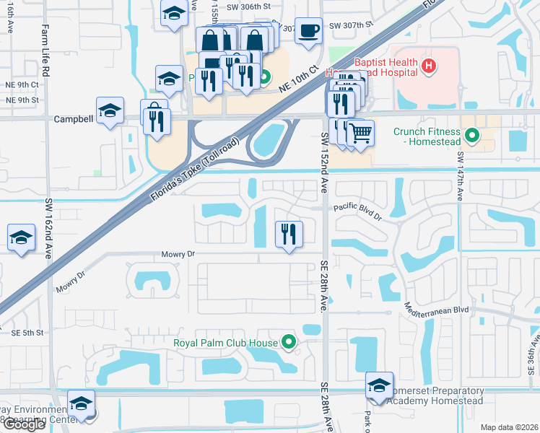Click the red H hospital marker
pyautogui.click(x=429, y=66)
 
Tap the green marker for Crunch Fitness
pyautogui.click(x=472, y=135)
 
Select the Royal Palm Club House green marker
pyautogui.click(x=289, y=342)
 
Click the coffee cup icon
pyautogui.click(x=309, y=31)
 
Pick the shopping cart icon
pyautogui.click(x=360, y=132)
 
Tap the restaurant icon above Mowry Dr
pyautogui.click(x=289, y=233)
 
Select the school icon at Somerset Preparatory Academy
pyautogui.click(x=379, y=385)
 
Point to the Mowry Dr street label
pyautogui.click(x=179, y=254)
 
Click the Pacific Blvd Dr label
pyautogui.click(x=358, y=208)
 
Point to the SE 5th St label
pyautogui.click(x=27, y=333)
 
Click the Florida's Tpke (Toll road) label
pyautogui.click(x=193, y=165)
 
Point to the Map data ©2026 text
pyautogui.click(x=509, y=427)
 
